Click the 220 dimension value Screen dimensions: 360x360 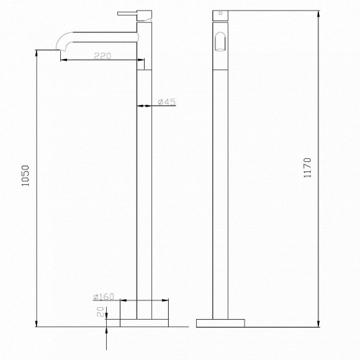tap(102, 56)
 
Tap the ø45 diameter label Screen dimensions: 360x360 tap(166, 102)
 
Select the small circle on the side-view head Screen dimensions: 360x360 tap(218, 12)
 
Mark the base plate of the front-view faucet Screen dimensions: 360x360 tap(144, 323)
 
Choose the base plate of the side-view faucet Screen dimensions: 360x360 tap(220, 323)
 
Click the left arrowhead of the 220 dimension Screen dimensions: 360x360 tap(63, 60)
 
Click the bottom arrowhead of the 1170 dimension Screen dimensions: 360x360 tap(317, 324)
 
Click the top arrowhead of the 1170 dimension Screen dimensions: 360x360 tap(317, 12)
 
